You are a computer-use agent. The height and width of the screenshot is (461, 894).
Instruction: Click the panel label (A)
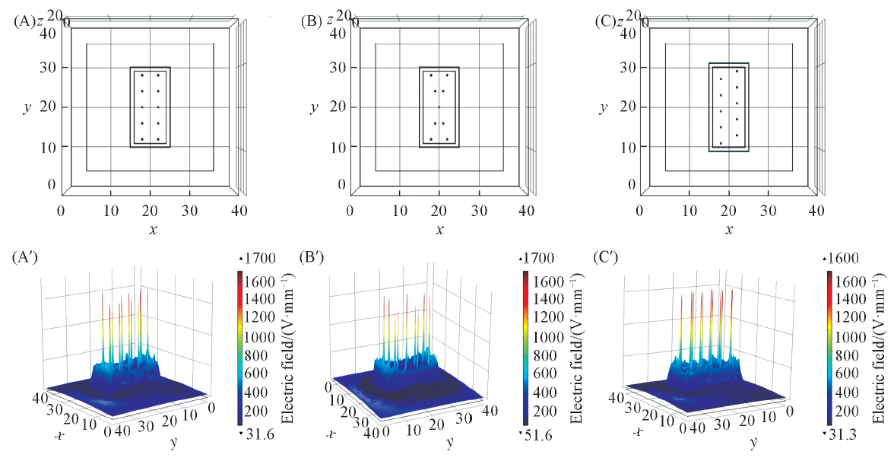(24, 21)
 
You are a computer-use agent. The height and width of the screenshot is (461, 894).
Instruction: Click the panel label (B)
(312, 21)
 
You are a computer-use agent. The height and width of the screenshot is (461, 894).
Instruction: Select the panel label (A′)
(24, 259)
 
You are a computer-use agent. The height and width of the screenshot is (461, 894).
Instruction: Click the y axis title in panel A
(27, 108)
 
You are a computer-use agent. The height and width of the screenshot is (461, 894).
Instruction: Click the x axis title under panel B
(439, 229)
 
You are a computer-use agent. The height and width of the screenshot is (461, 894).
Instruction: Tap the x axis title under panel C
(728, 229)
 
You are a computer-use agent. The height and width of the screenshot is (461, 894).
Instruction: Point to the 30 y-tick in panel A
(48, 68)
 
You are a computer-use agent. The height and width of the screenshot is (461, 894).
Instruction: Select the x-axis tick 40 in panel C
(816, 210)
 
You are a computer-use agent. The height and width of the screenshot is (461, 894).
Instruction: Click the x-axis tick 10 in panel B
(399, 210)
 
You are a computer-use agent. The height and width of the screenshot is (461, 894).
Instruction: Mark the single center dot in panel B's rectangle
(439, 107)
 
